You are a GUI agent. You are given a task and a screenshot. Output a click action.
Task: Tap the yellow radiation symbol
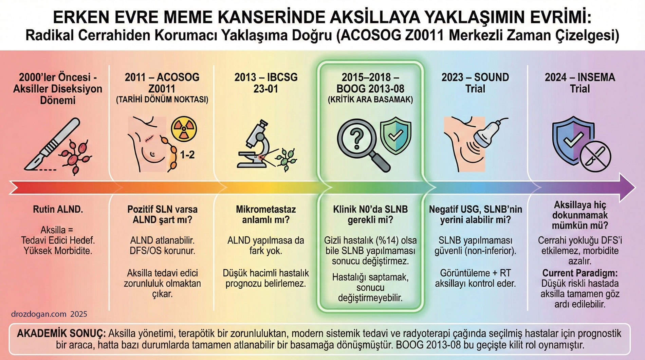[x=184, y=129]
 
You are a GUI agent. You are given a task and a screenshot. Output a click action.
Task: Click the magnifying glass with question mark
[x=360, y=143]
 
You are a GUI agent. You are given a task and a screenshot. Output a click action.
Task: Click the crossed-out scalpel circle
[x=595, y=157]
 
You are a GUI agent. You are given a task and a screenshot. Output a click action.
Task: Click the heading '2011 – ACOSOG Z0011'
[x=162, y=83]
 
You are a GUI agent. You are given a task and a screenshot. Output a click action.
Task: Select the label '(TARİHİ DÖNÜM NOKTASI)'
[x=162, y=100]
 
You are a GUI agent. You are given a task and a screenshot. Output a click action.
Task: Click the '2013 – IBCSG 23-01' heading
[x=266, y=83]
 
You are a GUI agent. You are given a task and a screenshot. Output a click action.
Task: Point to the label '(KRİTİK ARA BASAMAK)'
[x=370, y=100]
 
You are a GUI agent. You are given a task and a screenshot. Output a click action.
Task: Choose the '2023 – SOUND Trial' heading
[x=475, y=83]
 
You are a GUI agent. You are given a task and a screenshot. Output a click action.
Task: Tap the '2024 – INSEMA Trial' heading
[x=580, y=83]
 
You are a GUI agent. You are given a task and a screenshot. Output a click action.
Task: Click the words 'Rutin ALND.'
[x=58, y=209]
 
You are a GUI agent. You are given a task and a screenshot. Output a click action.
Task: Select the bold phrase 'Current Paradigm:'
[x=580, y=273]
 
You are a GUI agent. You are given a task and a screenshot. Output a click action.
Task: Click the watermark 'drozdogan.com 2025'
[x=49, y=314]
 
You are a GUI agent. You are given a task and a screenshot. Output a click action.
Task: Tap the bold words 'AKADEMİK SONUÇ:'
[x=61, y=333]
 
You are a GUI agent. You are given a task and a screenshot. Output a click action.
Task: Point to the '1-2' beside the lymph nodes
[x=187, y=155]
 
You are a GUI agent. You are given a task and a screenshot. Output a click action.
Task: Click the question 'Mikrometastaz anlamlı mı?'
[x=266, y=214]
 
